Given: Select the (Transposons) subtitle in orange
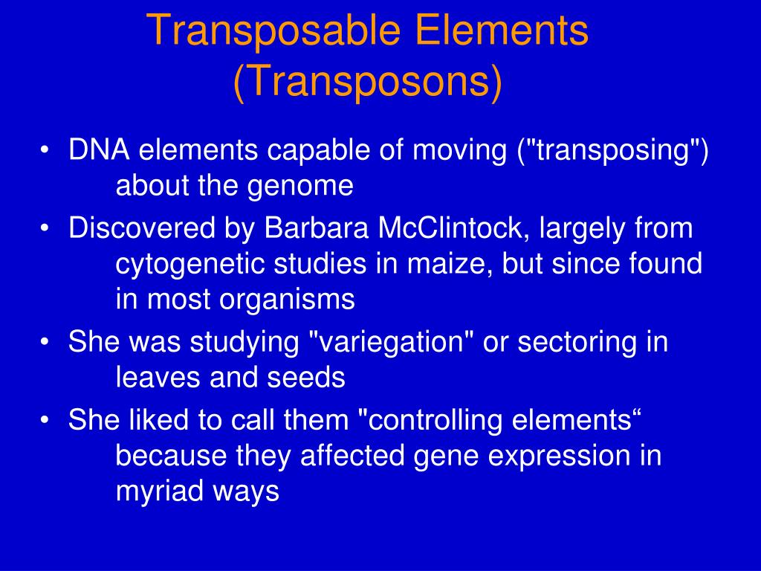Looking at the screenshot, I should click(368, 83).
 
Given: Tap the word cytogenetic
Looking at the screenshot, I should click(190, 265).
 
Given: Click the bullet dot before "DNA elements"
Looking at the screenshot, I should click(46, 152).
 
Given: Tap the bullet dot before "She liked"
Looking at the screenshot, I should click(46, 422).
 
